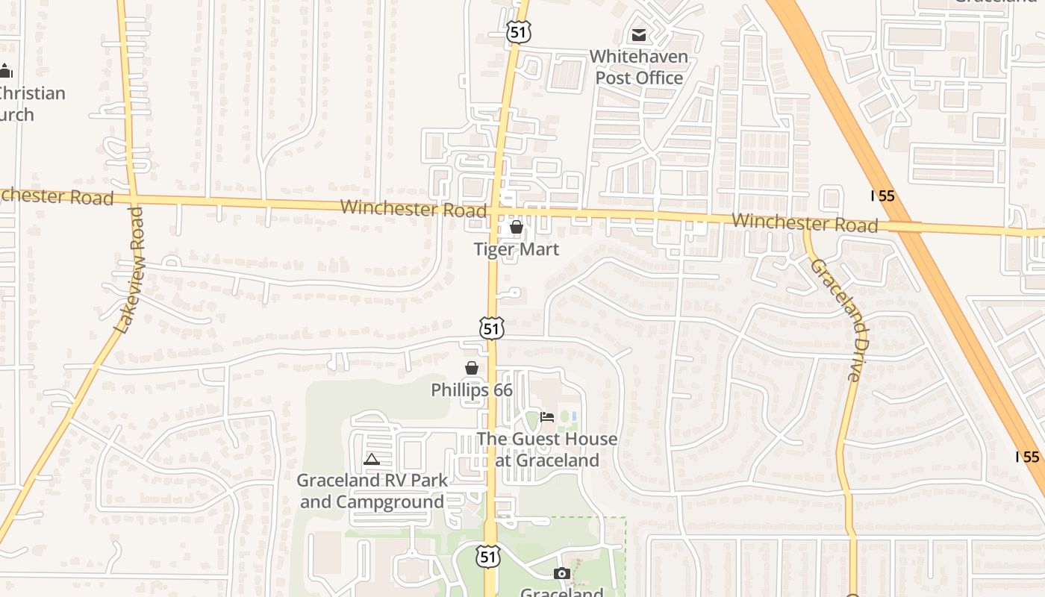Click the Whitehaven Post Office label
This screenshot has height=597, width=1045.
click(x=639, y=67)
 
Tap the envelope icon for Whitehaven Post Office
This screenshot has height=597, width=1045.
click(x=639, y=35)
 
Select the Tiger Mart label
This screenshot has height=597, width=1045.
click(x=517, y=249)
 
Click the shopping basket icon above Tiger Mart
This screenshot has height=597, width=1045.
click(x=517, y=227)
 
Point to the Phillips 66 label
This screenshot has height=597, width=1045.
click(x=472, y=390)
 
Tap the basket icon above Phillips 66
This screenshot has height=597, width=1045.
click(x=472, y=368)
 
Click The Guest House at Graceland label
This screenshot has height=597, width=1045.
click(x=548, y=449)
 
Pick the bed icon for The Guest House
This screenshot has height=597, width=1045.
click(x=547, y=417)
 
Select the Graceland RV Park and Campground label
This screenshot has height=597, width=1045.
click(x=372, y=491)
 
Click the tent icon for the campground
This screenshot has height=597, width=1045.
click(x=372, y=460)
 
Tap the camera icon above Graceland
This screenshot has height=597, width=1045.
click(x=562, y=573)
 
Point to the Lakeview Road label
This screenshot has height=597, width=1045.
click(x=129, y=269)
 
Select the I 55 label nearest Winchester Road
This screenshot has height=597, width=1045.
click(x=883, y=196)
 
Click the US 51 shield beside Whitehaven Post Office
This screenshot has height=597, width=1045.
click(x=517, y=31)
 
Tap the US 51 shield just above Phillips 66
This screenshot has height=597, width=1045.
click(x=492, y=328)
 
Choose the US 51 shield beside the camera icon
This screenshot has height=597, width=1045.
click(x=488, y=556)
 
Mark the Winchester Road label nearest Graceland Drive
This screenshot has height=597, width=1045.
click(x=805, y=222)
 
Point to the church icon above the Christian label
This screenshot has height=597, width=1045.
click(x=6, y=71)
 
